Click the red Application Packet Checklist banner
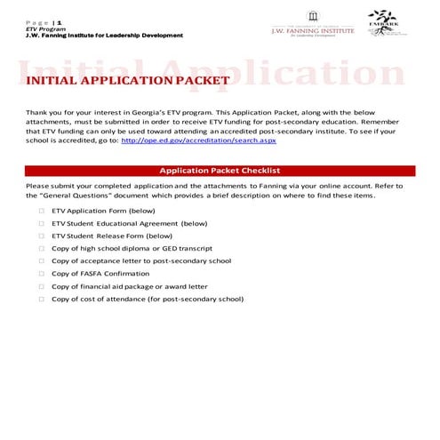[x=220, y=170]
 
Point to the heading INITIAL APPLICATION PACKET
[x=128, y=81]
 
